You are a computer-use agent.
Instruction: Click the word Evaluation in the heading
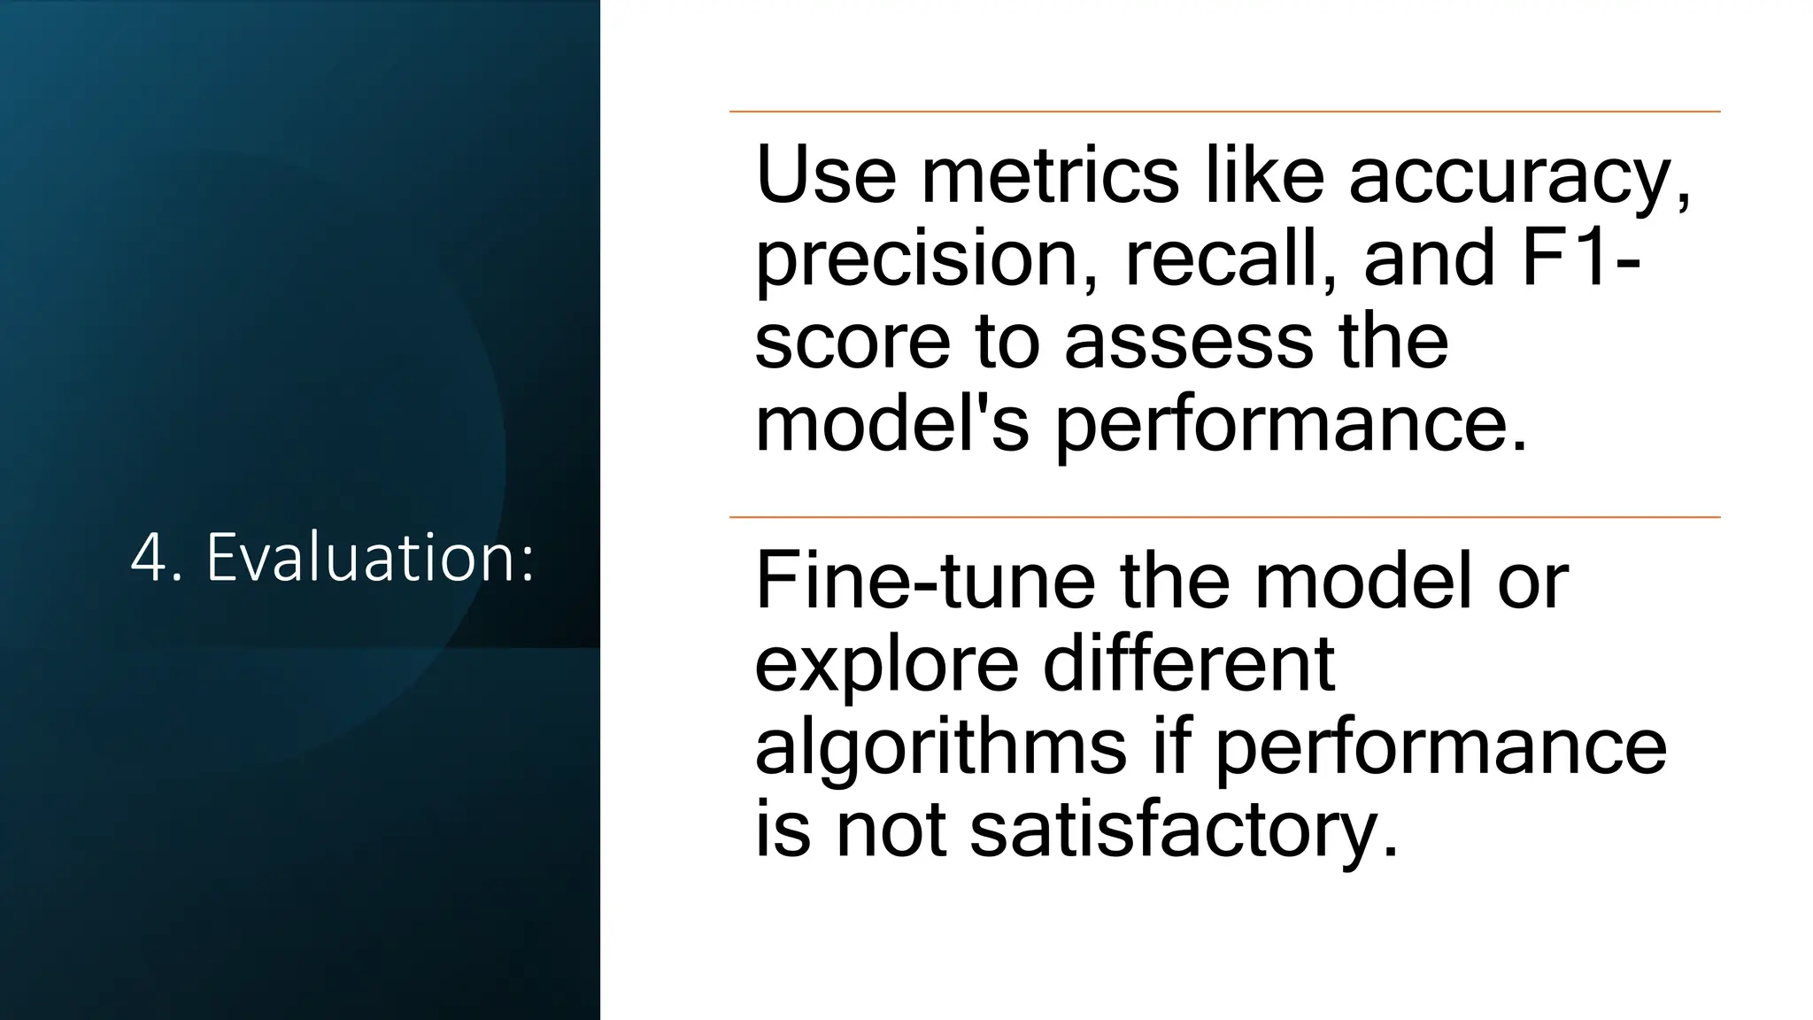pos(370,559)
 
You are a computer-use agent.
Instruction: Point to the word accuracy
pos(1517,177)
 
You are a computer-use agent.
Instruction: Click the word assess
pos(1188,344)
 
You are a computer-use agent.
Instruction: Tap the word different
pos(1189,664)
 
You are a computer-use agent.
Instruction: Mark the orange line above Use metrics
pos(1224,112)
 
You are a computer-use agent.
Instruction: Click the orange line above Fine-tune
pos(1224,517)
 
